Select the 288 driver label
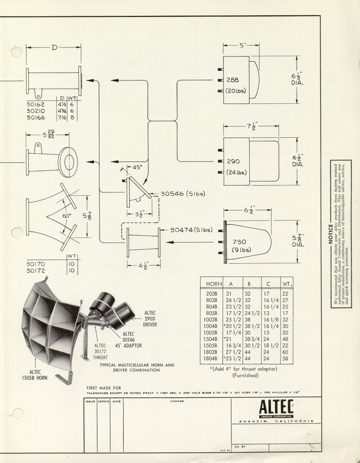[x=233, y=80]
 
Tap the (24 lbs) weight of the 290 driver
[x=236, y=173]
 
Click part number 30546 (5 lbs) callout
[x=182, y=194]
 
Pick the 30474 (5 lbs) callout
[x=191, y=230]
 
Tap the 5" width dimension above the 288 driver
[x=242, y=46]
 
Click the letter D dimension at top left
[x=54, y=48]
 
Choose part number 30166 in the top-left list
[x=36, y=118]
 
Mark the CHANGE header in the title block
[x=177, y=401]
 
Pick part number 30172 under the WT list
[x=36, y=271]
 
